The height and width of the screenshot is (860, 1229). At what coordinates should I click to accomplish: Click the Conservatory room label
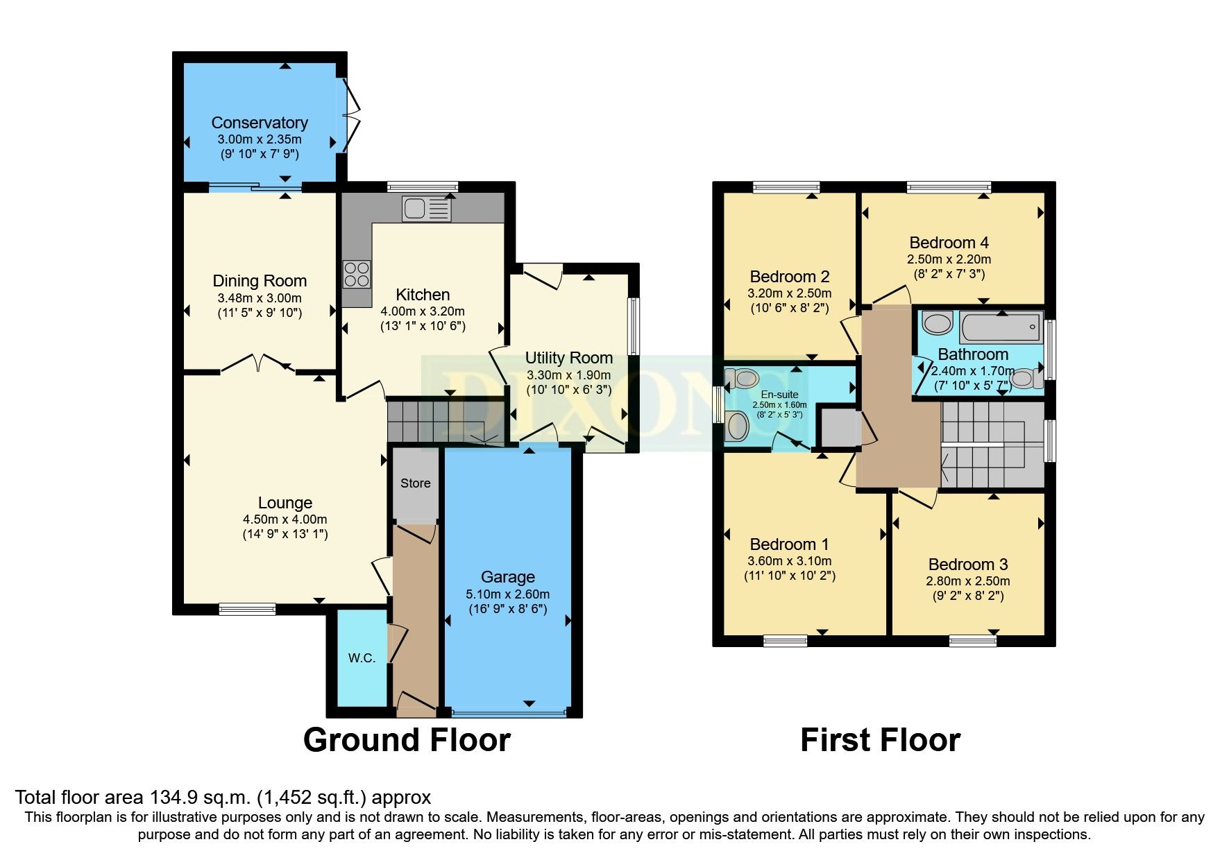260,123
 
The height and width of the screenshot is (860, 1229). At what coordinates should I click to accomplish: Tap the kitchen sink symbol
425,208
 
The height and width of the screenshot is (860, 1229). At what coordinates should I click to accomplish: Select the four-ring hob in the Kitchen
357,274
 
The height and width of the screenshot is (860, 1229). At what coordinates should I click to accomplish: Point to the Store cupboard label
415,483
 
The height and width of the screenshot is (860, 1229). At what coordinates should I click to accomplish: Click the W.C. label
362,657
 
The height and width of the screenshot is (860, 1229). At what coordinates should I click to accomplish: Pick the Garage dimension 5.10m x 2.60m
507,594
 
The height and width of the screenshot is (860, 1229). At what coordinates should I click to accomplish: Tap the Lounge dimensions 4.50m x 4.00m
285,519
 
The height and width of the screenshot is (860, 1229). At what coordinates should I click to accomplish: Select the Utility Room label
568,358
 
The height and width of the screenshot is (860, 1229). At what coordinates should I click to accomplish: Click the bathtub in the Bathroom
1001,327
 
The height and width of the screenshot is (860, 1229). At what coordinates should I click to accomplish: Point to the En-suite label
779,394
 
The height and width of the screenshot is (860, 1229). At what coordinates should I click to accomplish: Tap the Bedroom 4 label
949,243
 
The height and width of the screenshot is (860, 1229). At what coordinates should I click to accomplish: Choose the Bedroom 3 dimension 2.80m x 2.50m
967,580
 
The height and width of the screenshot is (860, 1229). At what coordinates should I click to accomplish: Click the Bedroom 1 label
789,544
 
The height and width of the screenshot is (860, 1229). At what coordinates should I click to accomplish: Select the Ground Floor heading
407,740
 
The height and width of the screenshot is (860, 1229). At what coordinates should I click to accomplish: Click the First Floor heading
880,740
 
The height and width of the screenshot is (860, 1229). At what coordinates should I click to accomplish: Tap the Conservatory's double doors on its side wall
352,116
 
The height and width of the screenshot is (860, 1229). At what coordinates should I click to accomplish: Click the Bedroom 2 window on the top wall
786,187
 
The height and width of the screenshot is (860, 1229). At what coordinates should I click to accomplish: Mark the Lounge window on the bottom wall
247,609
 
